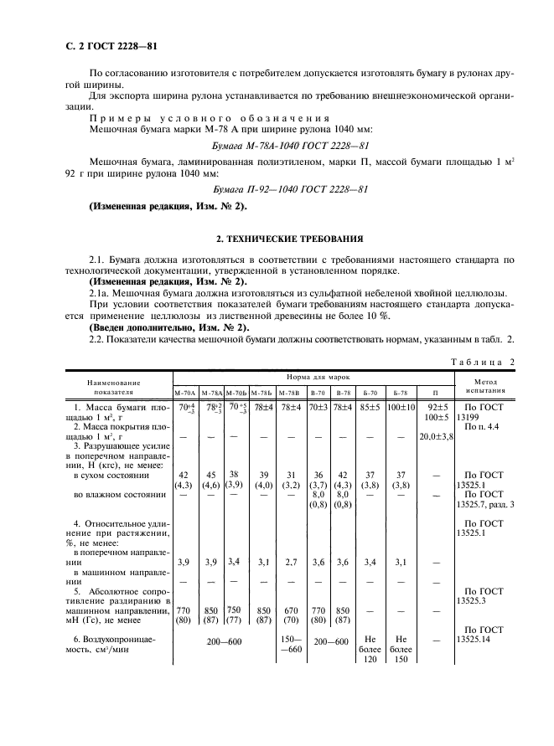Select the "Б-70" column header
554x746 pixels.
(371, 391)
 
